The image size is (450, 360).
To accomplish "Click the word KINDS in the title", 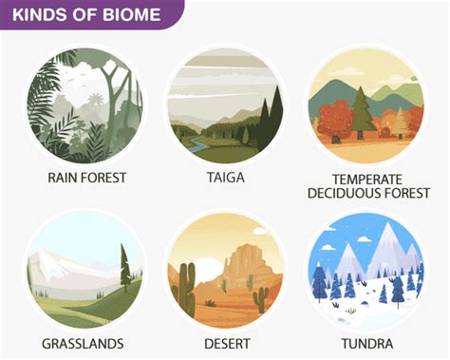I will tap(35, 14).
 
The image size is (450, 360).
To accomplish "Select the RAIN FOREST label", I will tap(86, 176).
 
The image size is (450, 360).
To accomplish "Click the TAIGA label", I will tap(225, 176).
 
